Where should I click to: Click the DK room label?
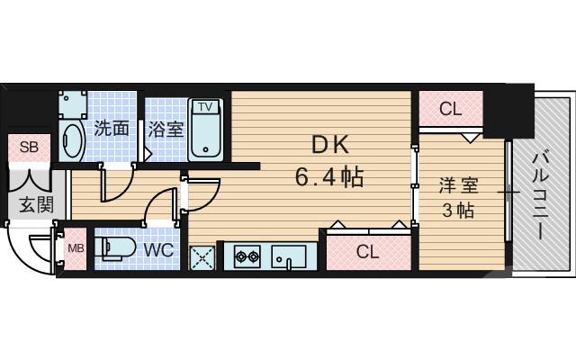point(328,143)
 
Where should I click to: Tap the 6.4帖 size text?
point(328,175)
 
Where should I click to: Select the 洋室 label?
point(458,186)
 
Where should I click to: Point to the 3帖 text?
point(458,212)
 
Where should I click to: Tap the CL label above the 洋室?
point(450,110)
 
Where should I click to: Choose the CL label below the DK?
point(366,251)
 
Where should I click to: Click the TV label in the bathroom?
point(205,107)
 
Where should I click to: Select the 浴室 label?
point(166,129)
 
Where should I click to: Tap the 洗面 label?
point(112,129)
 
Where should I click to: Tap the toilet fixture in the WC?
point(114,247)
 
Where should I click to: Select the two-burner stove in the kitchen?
point(247,256)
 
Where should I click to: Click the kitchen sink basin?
point(291,256)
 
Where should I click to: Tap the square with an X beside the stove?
point(202,257)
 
